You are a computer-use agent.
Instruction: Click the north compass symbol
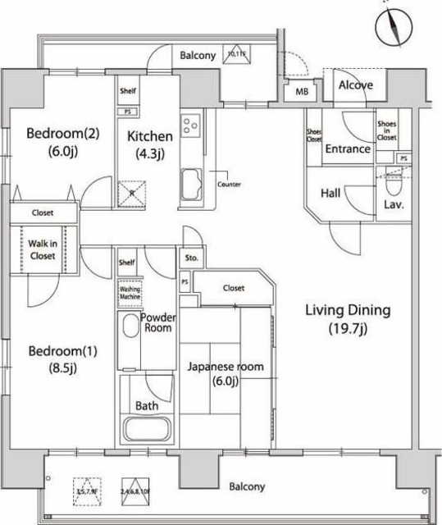tap(392, 27)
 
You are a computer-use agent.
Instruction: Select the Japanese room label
tap(226, 373)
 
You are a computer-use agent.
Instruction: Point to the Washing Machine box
tap(130, 293)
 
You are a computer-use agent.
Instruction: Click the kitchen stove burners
tap(191, 126)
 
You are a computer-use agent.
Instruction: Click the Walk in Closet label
tap(43, 250)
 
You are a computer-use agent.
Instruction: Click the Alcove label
tap(356, 84)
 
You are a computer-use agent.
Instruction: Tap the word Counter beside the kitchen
tap(229, 185)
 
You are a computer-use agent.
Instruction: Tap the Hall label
tap(330, 194)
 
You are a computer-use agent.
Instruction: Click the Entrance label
tap(347, 149)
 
